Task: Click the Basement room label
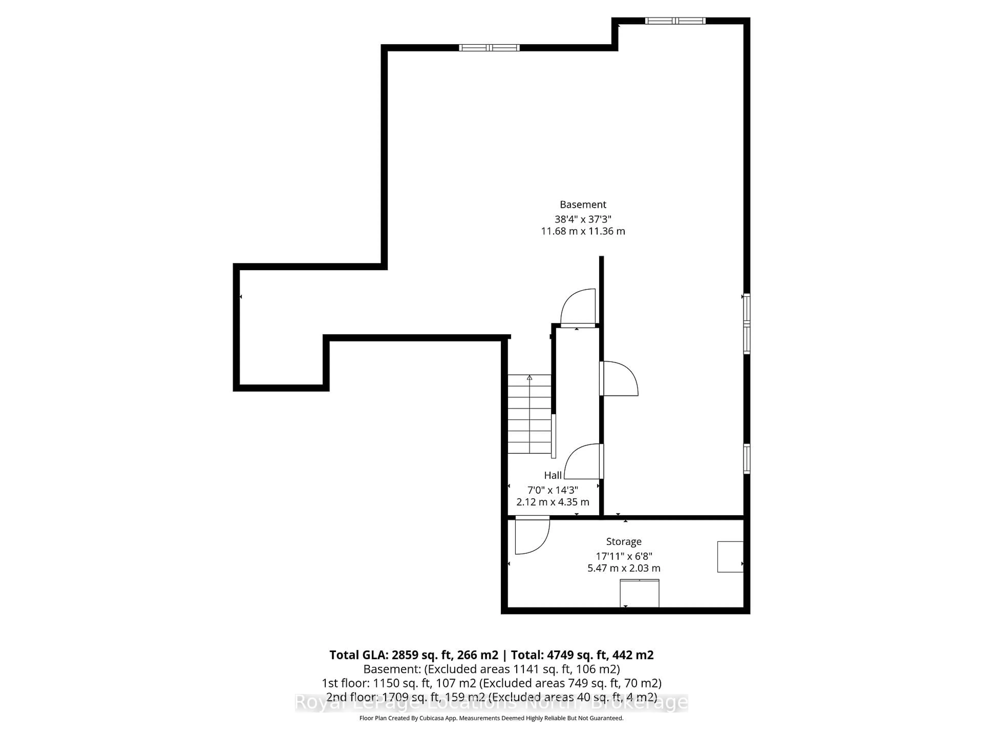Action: (583, 205)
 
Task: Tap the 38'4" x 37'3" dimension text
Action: (583, 219)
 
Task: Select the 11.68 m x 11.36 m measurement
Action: (583, 231)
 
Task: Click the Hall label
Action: (553, 475)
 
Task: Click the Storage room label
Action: (624, 541)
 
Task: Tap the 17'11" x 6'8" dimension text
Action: (624, 556)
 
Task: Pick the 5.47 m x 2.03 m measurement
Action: (624, 568)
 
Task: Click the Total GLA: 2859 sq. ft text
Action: (413, 655)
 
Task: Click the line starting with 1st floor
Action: (491, 683)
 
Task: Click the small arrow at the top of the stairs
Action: (529, 378)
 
